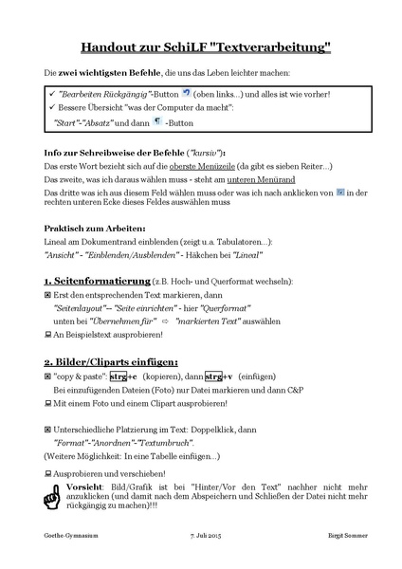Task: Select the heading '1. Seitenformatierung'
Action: coord(98,283)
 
